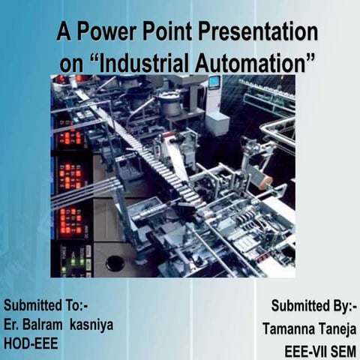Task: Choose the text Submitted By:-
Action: coord(314,307)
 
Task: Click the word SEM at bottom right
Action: coord(343,349)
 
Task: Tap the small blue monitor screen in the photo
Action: coord(214,82)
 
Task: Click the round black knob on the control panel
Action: coord(115,262)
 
